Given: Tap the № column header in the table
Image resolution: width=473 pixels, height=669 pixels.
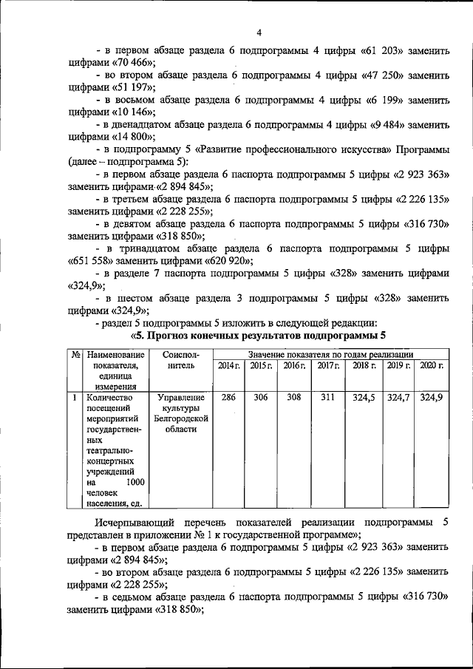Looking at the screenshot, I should (75, 356).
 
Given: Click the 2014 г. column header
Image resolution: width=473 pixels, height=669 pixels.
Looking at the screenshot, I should (228, 366).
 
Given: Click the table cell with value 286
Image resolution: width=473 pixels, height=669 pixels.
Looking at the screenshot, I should (228, 398).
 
